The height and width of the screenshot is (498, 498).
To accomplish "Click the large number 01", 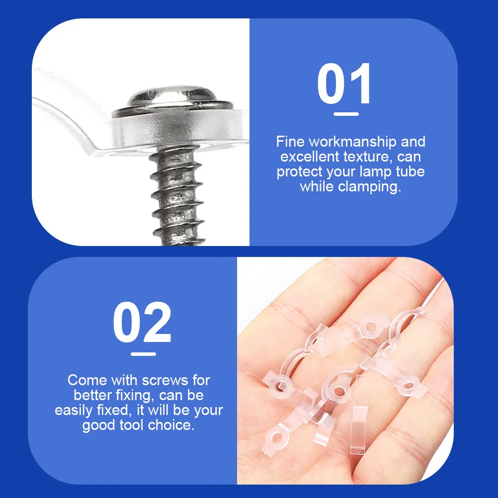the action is [x=344, y=83].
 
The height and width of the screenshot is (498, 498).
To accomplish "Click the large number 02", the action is [x=142, y=322].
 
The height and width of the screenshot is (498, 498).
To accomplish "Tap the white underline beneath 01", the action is [x=346, y=114].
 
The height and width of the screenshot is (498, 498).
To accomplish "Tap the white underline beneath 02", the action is [x=143, y=354].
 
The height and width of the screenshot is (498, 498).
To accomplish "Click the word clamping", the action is [x=369, y=187].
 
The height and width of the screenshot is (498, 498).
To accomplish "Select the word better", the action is [x=93, y=396].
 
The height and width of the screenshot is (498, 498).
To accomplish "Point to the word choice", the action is [x=171, y=425].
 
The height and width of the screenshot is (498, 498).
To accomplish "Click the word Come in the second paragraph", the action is [x=87, y=381].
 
